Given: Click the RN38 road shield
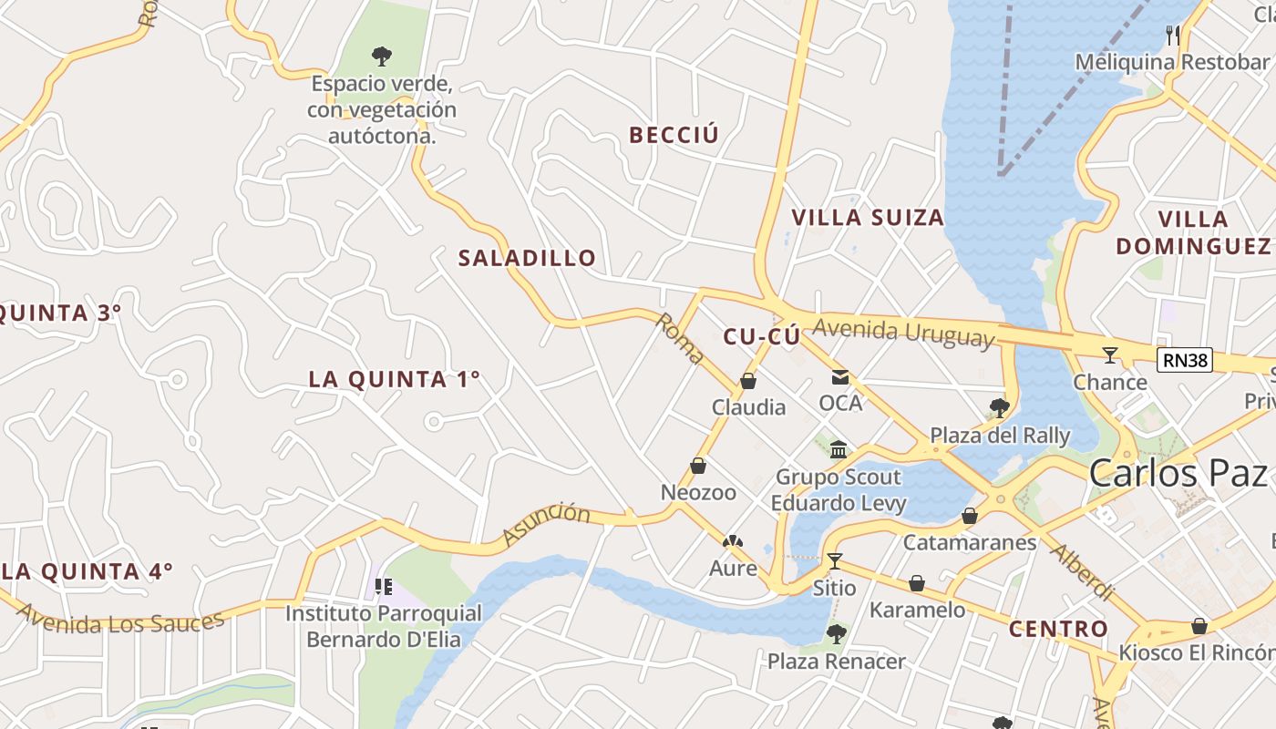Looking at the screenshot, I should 1185,360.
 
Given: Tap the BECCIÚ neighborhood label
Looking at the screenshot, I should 674,135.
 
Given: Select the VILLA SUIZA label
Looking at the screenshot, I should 868,218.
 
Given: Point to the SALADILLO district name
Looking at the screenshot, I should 527,258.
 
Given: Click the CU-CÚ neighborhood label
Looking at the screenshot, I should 762,336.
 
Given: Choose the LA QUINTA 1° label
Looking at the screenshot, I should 394,379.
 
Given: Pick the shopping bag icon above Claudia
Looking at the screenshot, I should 748,381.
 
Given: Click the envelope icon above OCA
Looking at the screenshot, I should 839,377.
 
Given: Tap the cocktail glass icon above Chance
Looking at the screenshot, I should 1109,354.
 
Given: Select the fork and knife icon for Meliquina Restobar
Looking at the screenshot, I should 1173,36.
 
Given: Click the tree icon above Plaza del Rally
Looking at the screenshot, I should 999,407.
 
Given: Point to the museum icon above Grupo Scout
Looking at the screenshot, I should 839,449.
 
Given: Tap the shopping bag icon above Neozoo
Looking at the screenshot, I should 698,466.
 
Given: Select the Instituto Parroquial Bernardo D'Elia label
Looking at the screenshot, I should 383,626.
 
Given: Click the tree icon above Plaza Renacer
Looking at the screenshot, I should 836,633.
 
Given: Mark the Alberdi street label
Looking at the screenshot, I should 1082,572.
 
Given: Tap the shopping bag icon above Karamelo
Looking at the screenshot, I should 917,583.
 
